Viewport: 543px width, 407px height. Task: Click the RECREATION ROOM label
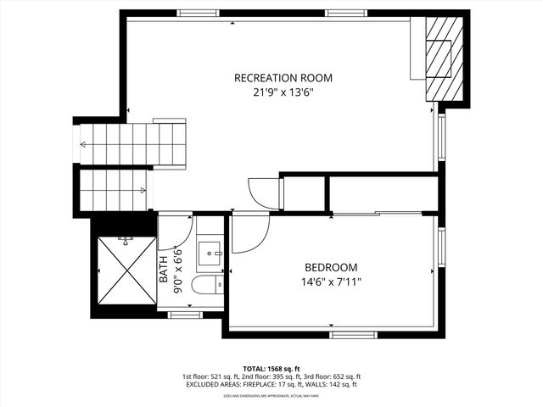283,78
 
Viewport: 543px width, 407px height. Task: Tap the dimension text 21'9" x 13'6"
283,93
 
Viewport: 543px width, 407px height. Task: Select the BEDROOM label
330,266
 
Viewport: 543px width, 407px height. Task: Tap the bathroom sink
210,251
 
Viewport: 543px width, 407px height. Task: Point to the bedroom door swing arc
249,234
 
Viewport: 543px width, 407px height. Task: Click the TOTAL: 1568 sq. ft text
271,369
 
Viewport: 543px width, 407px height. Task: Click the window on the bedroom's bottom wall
354,334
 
